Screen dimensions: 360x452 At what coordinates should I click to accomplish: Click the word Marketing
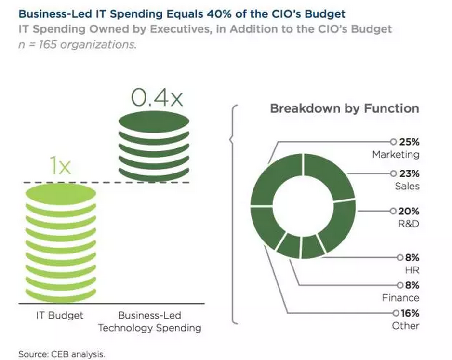click(395, 155)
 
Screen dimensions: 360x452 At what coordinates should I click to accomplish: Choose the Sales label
click(407, 186)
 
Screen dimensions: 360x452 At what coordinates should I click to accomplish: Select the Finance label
click(400, 298)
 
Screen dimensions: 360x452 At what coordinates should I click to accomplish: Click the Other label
click(406, 326)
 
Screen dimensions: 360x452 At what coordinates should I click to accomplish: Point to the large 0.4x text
click(150, 99)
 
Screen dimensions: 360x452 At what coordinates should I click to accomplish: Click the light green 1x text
click(61, 167)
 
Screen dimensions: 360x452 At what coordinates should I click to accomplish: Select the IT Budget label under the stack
click(60, 316)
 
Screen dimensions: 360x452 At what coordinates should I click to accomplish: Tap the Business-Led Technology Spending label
click(149, 322)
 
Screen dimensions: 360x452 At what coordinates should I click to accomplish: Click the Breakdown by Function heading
click(344, 108)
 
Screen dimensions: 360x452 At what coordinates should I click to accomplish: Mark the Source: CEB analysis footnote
click(61, 354)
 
